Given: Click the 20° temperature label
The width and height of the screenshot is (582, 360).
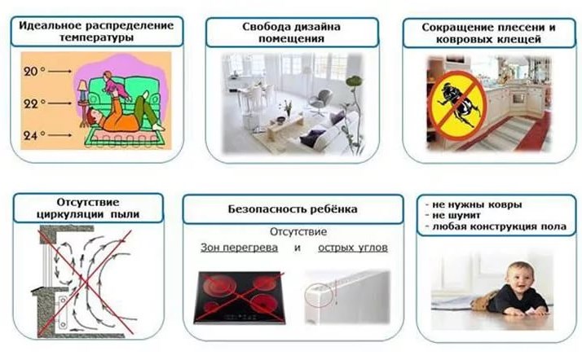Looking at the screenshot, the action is point(33,71).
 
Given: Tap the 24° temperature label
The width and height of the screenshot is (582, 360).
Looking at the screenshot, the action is point(34,135).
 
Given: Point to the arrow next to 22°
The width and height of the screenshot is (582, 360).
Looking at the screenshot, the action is point(60,103).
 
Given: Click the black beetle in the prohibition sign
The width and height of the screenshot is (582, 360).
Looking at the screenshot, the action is point(457,104).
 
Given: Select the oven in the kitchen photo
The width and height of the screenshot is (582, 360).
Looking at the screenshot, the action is point(518,99).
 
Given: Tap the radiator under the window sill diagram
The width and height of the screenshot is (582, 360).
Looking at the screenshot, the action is point(62,311).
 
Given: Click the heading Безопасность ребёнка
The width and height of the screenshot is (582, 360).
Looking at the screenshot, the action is point(293,209).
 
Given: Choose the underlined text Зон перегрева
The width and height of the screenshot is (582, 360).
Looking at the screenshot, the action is point(239,248).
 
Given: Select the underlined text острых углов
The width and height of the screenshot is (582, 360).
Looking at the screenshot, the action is point(353,248).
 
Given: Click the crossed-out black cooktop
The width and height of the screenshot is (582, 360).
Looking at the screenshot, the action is point(240,297).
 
